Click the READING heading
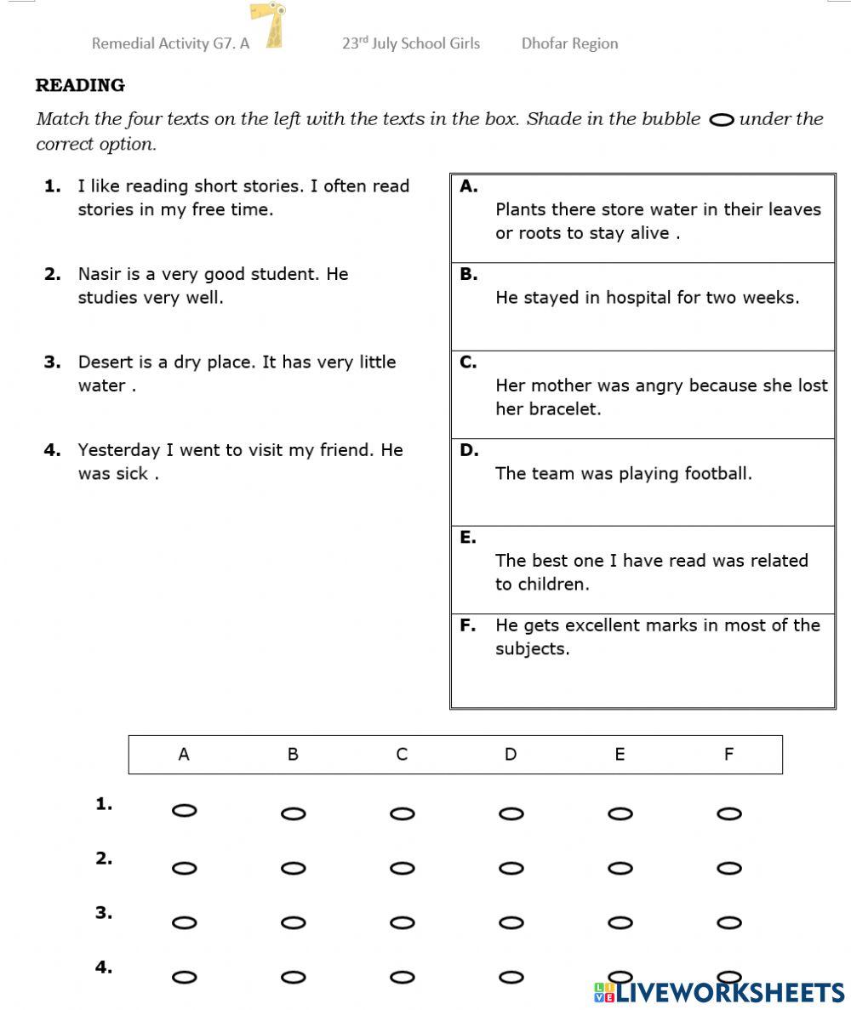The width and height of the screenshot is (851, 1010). click(80, 85)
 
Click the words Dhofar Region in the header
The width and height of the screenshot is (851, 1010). click(569, 43)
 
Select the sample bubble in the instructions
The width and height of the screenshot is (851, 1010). click(721, 120)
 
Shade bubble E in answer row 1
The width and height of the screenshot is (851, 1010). click(620, 813)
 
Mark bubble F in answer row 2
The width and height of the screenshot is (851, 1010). click(729, 868)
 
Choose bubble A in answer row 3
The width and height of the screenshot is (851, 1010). click(184, 922)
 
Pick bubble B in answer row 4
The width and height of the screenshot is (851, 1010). click(293, 977)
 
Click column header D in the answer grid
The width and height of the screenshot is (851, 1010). click(511, 754)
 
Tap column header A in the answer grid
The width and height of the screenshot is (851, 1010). click(184, 754)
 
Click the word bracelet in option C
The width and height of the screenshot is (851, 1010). click(563, 409)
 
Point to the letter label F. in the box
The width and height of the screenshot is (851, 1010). click(468, 625)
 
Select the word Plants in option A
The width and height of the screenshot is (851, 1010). click(519, 209)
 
